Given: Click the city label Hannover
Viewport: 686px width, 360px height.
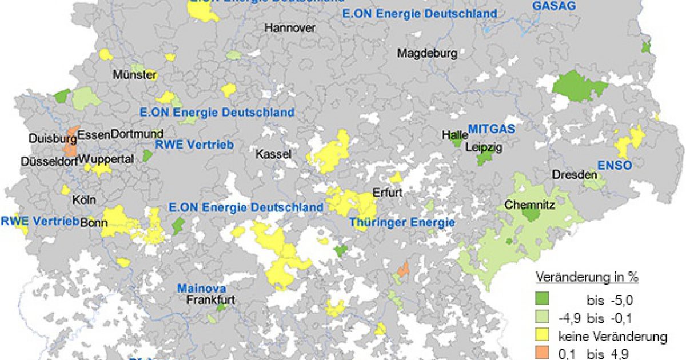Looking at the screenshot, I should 290,27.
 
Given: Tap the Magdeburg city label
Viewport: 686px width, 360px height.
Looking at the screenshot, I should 427,54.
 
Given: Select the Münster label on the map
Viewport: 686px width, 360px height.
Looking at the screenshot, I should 134,75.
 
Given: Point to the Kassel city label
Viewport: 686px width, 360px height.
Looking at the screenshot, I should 273,154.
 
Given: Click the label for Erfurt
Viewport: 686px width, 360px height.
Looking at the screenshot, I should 388,193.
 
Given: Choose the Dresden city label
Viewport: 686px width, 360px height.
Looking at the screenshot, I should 575,175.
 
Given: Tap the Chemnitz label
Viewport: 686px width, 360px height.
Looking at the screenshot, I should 529,203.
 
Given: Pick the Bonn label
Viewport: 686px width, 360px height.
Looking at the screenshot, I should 94,223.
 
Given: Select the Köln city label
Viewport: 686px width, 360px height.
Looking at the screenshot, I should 84,201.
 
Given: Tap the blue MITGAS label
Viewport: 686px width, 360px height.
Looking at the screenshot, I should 492,129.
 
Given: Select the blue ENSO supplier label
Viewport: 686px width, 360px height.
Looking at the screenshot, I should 615,166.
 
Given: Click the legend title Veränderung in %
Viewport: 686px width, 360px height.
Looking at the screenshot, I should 587,278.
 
